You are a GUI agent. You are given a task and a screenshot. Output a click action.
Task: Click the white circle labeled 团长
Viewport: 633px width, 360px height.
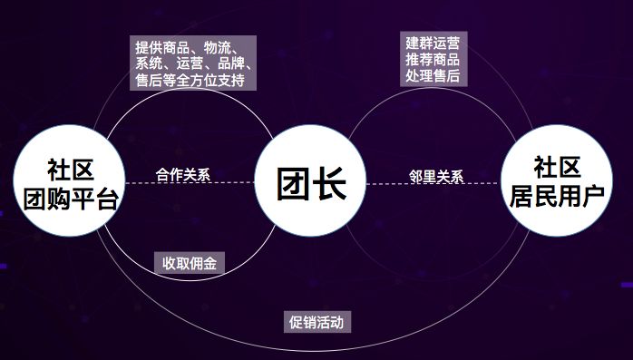pos(310,180)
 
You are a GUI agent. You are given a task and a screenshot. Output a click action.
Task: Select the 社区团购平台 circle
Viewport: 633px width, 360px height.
pos(69,180)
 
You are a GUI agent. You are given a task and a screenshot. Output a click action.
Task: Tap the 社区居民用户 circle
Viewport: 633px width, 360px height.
pos(557,180)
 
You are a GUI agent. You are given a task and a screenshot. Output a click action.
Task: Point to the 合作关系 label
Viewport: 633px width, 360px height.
pos(183,175)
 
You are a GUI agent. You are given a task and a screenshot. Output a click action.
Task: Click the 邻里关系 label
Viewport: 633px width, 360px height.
pos(436,176)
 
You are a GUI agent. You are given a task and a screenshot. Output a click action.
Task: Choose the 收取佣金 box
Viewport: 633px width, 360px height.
pos(190,263)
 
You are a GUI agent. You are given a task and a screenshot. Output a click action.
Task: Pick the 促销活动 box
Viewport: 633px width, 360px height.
pos(316,322)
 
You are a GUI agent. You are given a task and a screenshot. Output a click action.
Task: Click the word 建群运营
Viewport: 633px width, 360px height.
pos(433,43)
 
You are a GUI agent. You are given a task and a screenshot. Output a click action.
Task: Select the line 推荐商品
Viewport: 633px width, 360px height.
pos(433,59)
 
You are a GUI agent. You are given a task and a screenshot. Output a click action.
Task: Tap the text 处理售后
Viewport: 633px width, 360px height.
pos(433,75)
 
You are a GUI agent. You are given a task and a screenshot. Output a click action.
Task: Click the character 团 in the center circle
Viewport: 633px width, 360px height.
pos(293,184)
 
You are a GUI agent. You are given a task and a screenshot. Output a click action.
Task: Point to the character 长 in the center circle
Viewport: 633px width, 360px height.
pos(330,184)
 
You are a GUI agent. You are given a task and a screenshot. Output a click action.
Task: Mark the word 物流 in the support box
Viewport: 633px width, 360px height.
pos(217,48)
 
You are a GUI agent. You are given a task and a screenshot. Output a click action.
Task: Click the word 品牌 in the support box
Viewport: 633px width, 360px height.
pos(231,63)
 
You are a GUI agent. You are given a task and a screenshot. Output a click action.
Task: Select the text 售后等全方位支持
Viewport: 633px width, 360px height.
pos(190,80)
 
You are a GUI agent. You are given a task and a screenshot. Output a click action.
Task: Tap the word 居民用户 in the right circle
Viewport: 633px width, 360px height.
pos(557,197)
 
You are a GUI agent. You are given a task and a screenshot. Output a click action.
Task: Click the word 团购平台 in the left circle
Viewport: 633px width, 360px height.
pos(71,199)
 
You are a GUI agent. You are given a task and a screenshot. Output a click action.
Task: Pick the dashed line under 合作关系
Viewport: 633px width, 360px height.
pos(190,183)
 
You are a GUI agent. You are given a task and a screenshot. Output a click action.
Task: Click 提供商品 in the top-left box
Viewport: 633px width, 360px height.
pos(162,48)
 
